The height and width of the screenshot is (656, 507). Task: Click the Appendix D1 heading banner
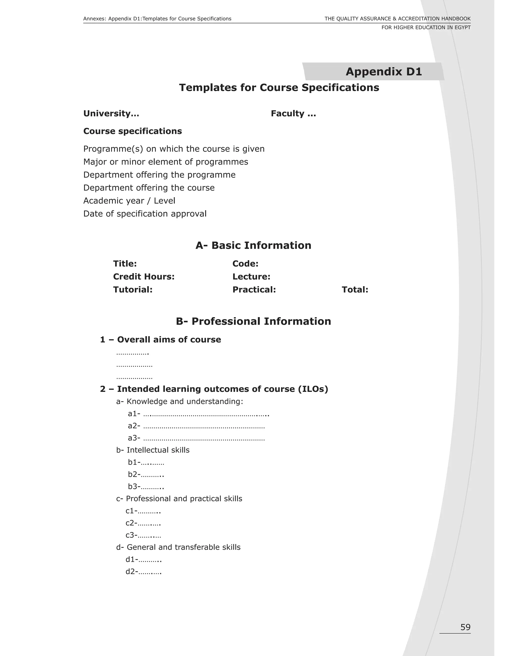pos(383,72)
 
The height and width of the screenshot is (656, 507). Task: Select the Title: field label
pos(125,264)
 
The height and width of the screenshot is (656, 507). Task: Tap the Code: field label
pos(245,264)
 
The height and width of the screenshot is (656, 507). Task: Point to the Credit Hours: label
pos(144,277)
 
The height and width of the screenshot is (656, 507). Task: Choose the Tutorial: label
pos(133,290)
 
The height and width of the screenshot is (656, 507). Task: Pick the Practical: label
pos(254,290)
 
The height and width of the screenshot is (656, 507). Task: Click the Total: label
pos(355,290)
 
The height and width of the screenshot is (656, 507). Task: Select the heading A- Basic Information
pos(253,245)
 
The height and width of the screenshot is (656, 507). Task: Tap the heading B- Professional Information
pos(253,321)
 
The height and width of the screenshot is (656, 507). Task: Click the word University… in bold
pos(111,114)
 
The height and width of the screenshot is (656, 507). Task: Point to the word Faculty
pos(288,114)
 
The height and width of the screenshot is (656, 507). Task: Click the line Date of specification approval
pos(145,214)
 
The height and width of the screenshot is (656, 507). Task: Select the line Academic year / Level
pos(129,201)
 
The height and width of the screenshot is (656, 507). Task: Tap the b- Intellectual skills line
pos(153,450)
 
